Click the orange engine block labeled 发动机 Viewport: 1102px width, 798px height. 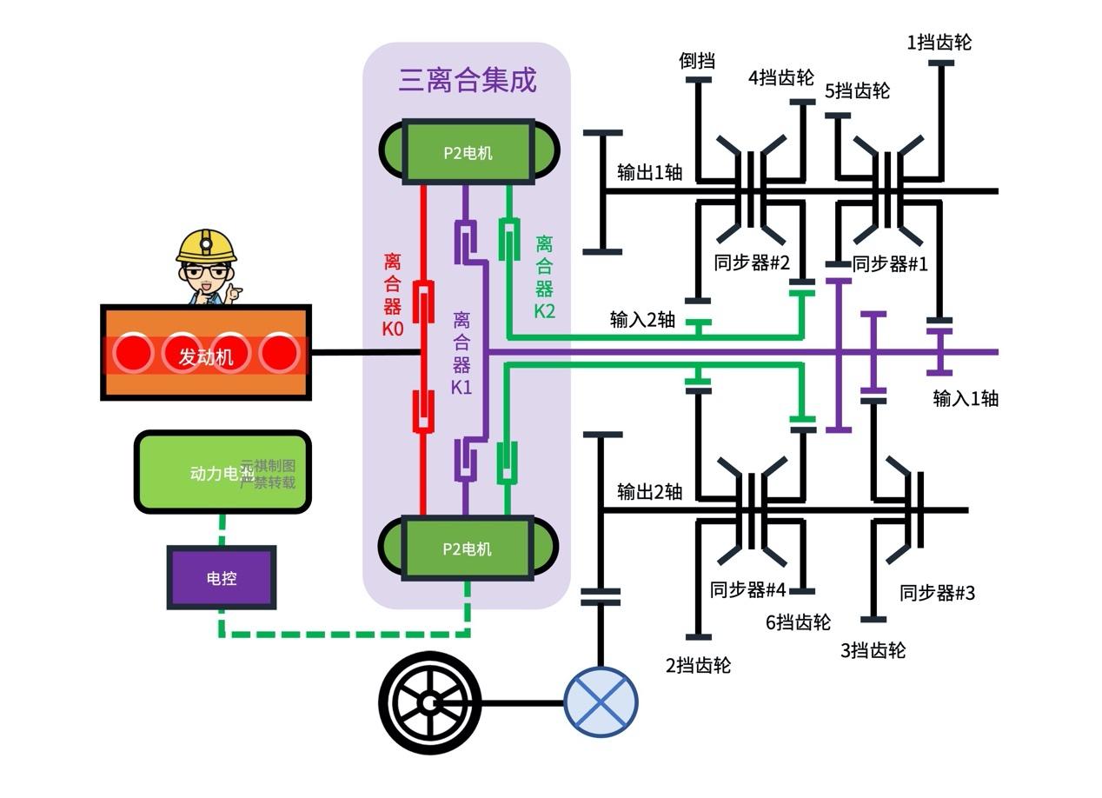[206, 353]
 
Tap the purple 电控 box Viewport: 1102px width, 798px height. [222, 578]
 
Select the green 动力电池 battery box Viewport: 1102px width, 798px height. [222, 472]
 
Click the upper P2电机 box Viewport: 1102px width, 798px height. [468, 152]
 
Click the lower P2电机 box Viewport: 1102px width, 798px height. [468, 549]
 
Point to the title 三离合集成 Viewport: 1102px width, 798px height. [468, 80]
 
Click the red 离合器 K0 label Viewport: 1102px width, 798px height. [392, 296]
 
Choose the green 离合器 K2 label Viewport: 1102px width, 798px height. [544, 277]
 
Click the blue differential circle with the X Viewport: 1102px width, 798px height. [601, 702]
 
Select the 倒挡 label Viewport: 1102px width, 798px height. [697, 61]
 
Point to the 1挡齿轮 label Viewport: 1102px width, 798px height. [939, 42]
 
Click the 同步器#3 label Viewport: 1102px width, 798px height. [937, 593]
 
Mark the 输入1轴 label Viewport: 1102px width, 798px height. [966, 398]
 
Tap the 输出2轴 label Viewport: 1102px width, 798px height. [649, 491]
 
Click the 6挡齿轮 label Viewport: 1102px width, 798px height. [798, 622]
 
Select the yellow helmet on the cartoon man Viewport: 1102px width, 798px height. [207, 245]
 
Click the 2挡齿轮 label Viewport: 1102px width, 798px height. [698, 665]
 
